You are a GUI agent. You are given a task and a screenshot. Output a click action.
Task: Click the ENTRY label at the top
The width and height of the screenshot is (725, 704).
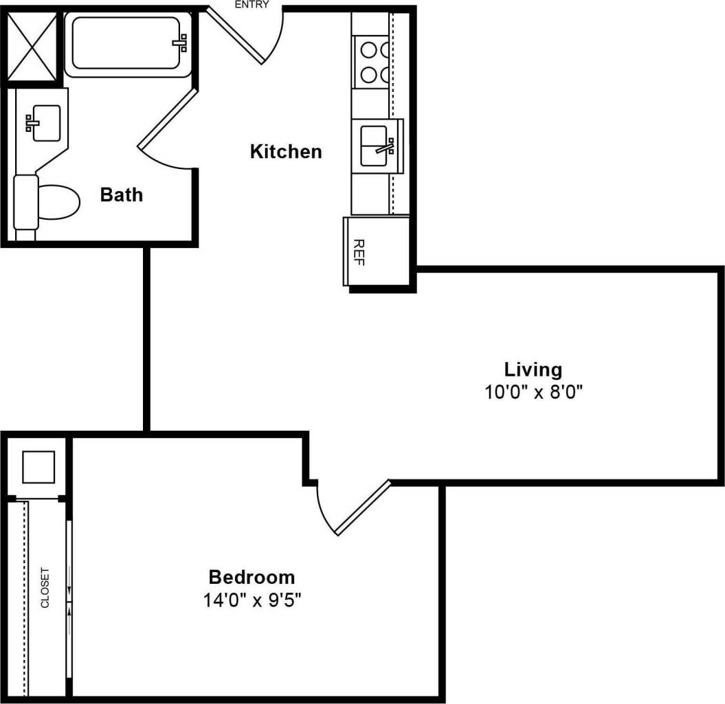click(x=252, y=4)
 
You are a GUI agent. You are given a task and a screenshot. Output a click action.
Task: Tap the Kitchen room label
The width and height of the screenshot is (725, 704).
click(x=285, y=151)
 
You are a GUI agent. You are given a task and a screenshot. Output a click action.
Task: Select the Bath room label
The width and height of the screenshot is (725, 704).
click(x=122, y=194)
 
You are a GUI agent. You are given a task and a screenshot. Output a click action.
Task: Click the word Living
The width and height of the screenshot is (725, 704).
click(x=533, y=370)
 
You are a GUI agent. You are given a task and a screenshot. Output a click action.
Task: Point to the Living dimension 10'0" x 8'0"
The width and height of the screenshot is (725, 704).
click(x=533, y=392)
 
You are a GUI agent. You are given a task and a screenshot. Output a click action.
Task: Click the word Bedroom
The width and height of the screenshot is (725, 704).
click(x=252, y=577)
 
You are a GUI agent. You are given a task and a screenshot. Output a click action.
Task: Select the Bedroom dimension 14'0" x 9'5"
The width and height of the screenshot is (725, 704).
click(x=252, y=600)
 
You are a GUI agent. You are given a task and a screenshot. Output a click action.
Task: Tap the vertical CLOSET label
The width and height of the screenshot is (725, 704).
click(x=45, y=588)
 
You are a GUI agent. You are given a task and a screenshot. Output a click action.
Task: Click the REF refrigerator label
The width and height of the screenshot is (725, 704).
click(x=358, y=252)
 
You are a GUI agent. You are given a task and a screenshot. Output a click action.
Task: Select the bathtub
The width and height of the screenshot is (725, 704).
click(x=127, y=43)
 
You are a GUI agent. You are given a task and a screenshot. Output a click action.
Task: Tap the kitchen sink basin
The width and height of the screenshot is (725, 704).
click(x=375, y=146)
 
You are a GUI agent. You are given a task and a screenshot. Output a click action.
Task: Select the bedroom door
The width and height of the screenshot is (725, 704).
click(x=357, y=508)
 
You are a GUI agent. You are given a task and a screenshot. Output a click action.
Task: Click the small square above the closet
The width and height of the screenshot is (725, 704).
click(x=38, y=467)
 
